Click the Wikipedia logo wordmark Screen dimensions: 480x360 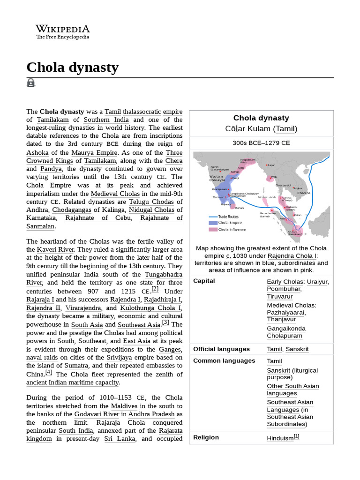[x=63, y=29]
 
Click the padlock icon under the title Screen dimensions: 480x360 [x=31, y=83]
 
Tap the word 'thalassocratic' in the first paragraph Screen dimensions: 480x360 [x=142, y=112]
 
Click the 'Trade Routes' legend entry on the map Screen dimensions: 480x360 [x=228, y=217]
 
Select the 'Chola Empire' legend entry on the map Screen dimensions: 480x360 [x=230, y=223]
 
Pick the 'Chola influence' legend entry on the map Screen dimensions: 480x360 [x=232, y=230]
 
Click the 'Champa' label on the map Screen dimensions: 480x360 [x=304, y=193]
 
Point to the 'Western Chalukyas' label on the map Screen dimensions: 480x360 [x=217, y=178]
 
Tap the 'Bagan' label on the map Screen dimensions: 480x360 [x=271, y=165]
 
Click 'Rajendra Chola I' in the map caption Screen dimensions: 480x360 [x=292, y=256]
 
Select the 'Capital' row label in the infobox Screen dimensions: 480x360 [x=204, y=281]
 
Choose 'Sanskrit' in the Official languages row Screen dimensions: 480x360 [x=297, y=349]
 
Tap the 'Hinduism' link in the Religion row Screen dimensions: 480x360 [x=280, y=438]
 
